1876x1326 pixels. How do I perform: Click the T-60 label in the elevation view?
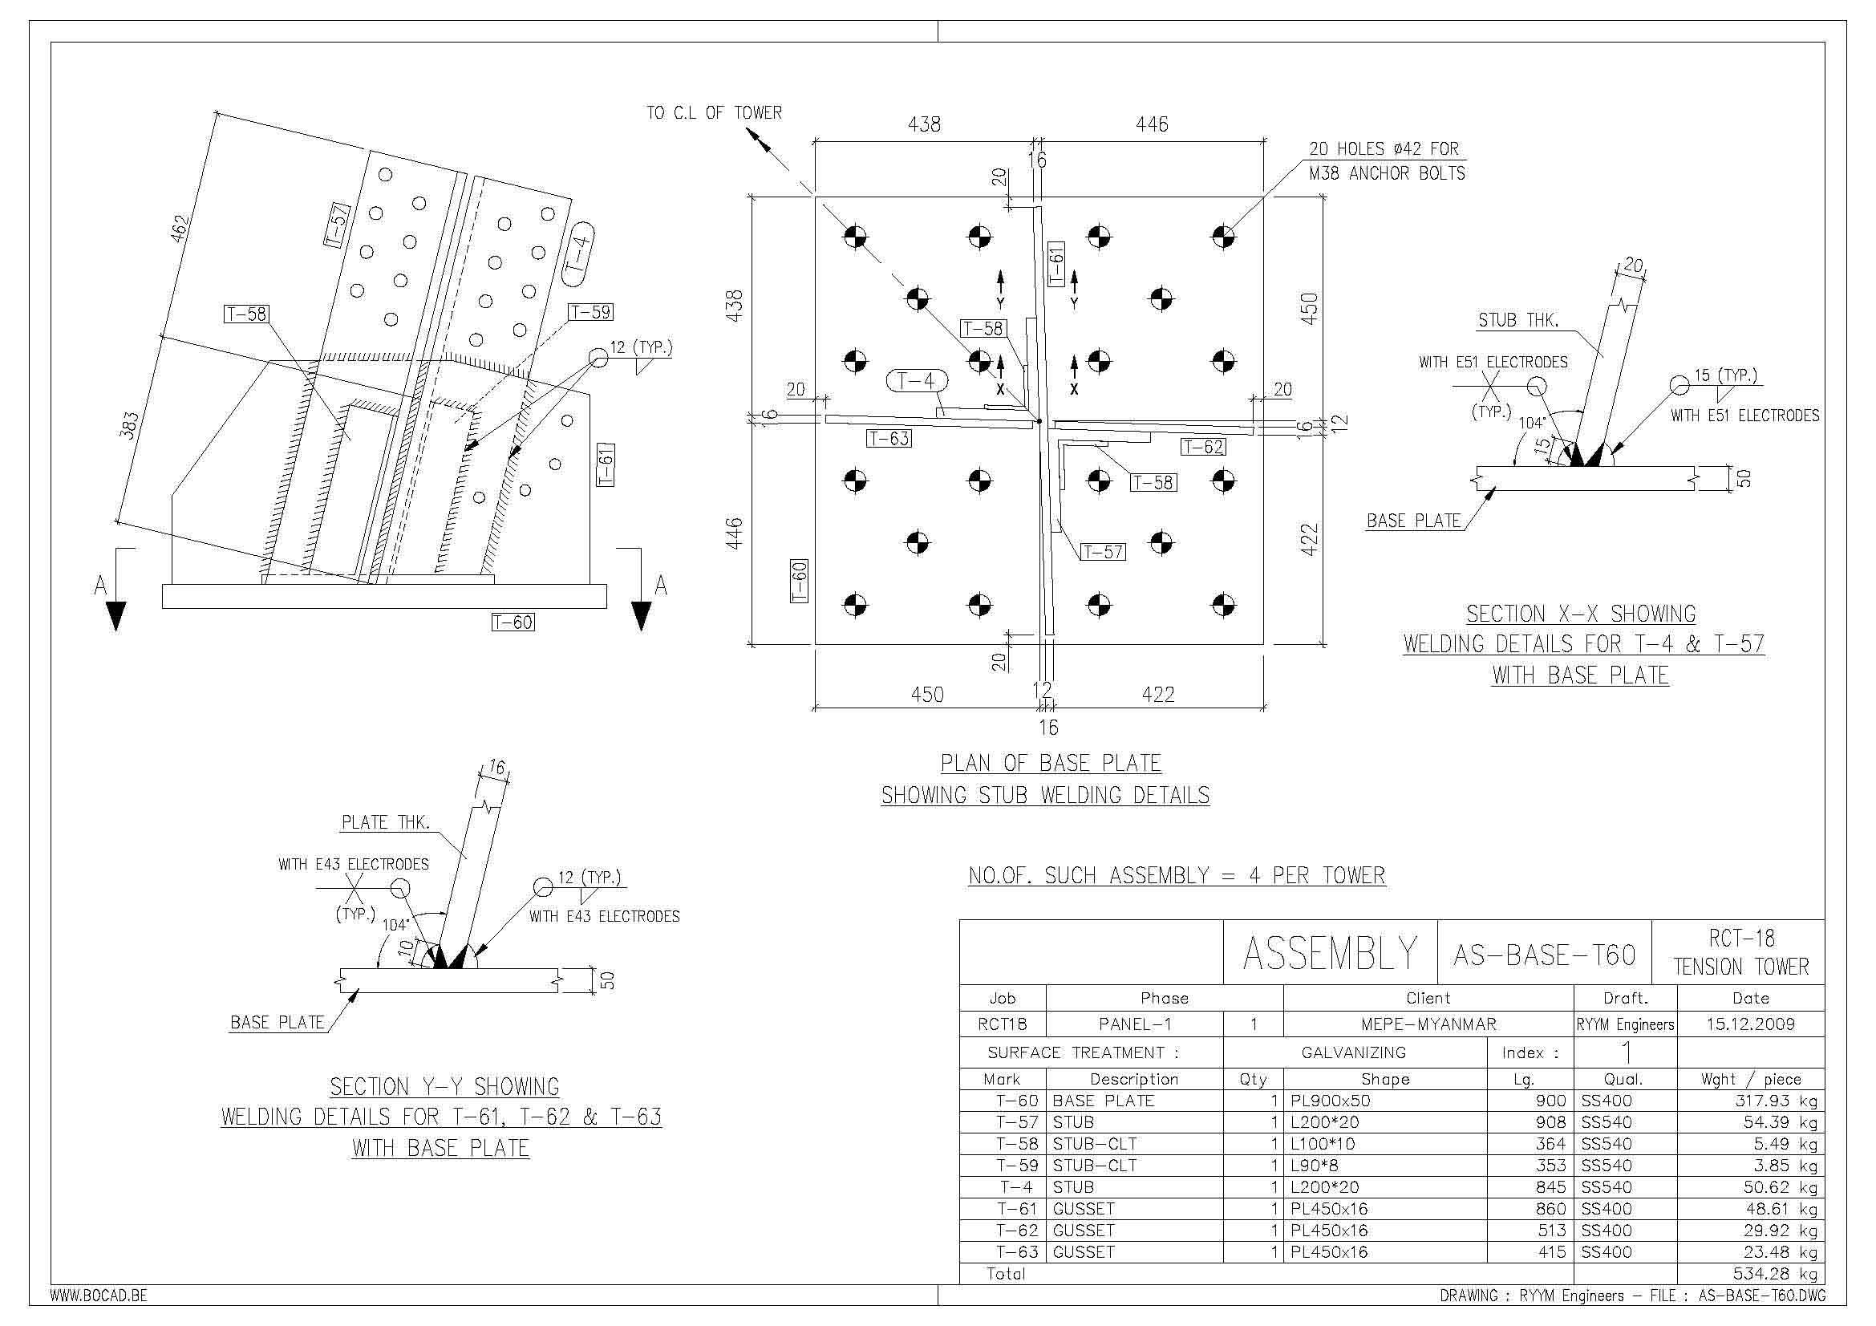pyautogui.click(x=513, y=622)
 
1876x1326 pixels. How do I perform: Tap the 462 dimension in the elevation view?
pyautogui.click(x=180, y=228)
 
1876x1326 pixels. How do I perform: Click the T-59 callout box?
pyautogui.click(x=591, y=312)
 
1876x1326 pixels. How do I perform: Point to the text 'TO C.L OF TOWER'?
pyautogui.click(x=714, y=113)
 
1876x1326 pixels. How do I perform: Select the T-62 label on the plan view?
pyautogui.click(x=1203, y=447)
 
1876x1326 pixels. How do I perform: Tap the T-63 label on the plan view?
pyautogui.click(x=889, y=439)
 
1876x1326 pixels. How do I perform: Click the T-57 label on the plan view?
pyautogui.click(x=1102, y=552)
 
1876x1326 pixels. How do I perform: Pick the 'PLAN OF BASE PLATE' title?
pyautogui.click(x=1051, y=763)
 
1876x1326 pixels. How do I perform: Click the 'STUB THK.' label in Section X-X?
pyautogui.click(x=1518, y=320)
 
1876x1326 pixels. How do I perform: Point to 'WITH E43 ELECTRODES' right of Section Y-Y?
pyautogui.click(x=604, y=917)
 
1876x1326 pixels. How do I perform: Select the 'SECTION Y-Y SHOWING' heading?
pyautogui.click(x=444, y=1087)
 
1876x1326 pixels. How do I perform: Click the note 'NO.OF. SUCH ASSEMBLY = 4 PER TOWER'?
pyautogui.click(x=1177, y=876)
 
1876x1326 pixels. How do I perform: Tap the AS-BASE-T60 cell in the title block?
pyautogui.click(x=1544, y=955)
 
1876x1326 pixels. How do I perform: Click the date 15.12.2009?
pyautogui.click(x=1750, y=1024)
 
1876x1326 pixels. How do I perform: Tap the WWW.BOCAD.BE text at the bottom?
pyautogui.click(x=99, y=1296)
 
